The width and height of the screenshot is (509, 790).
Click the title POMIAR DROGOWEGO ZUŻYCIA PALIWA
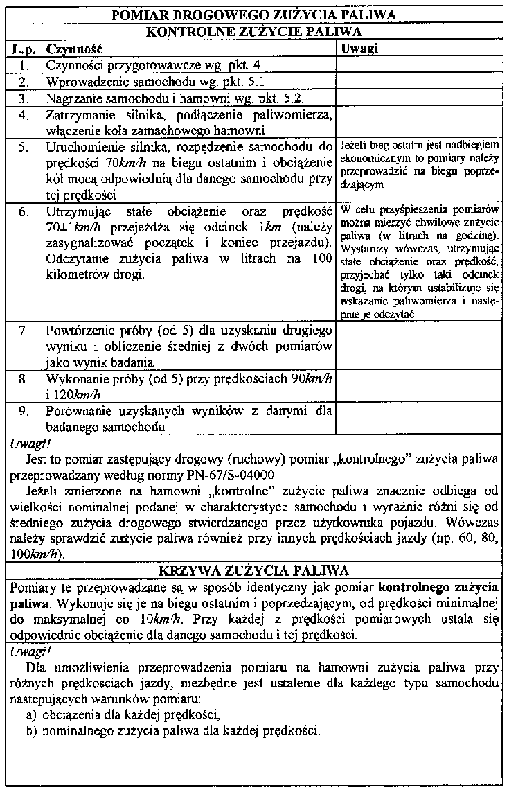click(253, 15)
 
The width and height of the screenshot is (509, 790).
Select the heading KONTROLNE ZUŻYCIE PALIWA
click(254, 32)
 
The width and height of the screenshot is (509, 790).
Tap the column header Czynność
click(73, 50)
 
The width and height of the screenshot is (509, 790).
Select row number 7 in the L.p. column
click(23, 331)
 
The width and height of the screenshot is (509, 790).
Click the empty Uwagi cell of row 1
click(419, 66)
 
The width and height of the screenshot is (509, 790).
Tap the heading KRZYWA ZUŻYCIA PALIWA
click(253, 570)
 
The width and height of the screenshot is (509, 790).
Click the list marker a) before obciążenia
click(31, 714)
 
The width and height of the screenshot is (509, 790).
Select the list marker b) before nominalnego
click(31, 730)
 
